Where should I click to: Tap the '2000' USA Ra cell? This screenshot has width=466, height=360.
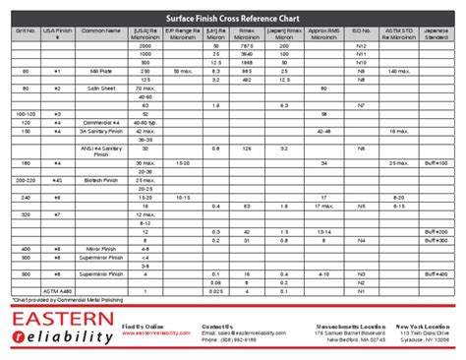146,46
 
